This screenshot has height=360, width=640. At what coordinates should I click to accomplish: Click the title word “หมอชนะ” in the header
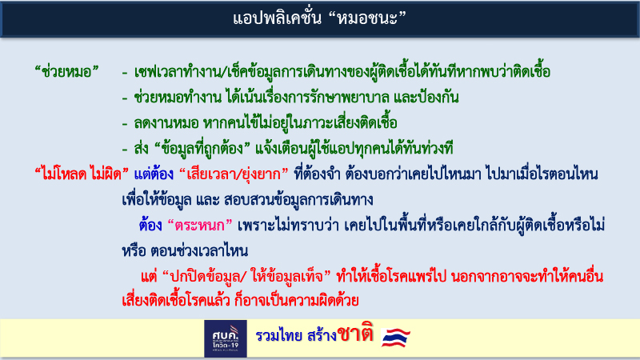coord(367,18)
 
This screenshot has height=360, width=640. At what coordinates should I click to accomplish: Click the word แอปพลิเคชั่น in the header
coord(277,18)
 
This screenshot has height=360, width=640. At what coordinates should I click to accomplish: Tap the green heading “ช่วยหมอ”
coord(67,72)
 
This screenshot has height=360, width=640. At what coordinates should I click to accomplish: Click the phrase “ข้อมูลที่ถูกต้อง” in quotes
coord(202,149)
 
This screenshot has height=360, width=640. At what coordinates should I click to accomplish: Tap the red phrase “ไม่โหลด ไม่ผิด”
coord(82,174)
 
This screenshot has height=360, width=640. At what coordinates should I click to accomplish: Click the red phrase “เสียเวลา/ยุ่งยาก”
coord(234,174)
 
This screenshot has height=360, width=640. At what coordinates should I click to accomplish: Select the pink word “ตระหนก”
coord(200,226)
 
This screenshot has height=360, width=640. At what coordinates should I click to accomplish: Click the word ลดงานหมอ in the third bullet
coord(166,123)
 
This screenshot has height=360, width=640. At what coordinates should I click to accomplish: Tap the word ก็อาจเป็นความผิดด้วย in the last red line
coord(297,301)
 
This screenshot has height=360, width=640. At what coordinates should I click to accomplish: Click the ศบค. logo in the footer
coord(226,338)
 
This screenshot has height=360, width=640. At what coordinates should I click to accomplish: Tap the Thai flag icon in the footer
coord(395,337)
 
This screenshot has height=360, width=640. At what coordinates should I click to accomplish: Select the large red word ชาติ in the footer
coord(355,334)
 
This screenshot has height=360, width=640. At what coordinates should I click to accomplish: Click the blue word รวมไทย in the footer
coord(278,335)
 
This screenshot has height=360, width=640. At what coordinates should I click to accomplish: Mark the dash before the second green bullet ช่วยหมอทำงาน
coord(125,98)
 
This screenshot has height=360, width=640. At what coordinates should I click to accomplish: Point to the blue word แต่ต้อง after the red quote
coord(154,174)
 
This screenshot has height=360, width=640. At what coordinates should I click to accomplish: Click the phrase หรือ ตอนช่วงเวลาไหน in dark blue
coord(185,250)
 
